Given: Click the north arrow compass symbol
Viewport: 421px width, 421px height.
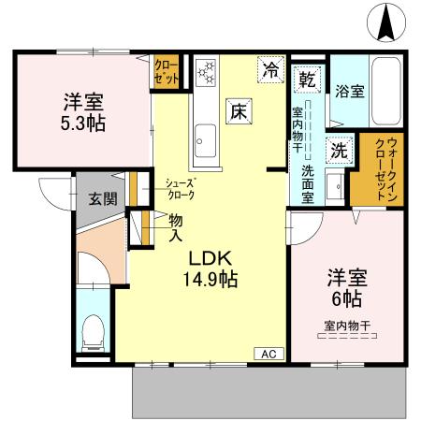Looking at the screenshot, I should tap(385, 22).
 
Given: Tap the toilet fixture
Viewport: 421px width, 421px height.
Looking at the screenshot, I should tap(93, 330).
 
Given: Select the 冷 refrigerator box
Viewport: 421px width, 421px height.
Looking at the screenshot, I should tap(271, 69).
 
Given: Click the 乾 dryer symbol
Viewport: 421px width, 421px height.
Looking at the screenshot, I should tap(306, 80).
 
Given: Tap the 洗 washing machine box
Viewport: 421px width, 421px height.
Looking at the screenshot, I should tap(335, 148).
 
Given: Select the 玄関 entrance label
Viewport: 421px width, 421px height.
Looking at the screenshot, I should tap(103, 198).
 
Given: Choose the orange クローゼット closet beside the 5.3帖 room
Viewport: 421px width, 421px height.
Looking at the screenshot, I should tap(167, 72).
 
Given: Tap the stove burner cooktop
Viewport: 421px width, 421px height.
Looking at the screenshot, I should tap(205, 71).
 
